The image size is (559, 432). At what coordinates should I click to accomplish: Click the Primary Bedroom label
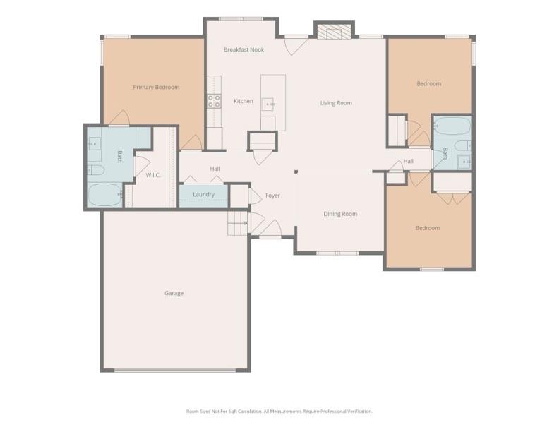[x=156, y=88]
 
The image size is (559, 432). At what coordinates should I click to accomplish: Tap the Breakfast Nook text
[x=244, y=50]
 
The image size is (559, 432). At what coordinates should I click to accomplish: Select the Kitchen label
[x=243, y=102]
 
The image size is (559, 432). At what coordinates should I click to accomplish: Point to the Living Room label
[x=336, y=103]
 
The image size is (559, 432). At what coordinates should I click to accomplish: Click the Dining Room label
[x=340, y=214]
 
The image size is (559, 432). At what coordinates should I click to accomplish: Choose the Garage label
[x=174, y=293]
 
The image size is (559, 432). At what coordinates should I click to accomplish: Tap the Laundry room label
[x=203, y=195]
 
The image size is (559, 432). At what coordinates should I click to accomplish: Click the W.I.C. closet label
[x=153, y=175]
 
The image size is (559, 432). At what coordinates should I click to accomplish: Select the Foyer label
[x=272, y=196]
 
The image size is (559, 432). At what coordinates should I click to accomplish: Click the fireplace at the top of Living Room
[x=333, y=31]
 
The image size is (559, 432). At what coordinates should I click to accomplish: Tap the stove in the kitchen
[x=213, y=101]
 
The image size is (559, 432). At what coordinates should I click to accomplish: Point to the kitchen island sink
[x=268, y=105]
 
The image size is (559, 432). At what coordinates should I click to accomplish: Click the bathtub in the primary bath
[x=104, y=194]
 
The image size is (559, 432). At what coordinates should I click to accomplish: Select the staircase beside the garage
[x=237, y=223]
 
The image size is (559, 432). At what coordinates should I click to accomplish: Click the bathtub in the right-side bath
[x=452, y=127]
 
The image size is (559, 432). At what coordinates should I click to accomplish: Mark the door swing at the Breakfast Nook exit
[x=295, y=45]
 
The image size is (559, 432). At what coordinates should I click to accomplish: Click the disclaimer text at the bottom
[x=279, y=411]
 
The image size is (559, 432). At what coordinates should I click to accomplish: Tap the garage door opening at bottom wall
[x=175, y=370]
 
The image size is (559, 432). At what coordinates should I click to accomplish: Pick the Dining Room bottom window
[x=337, y=253]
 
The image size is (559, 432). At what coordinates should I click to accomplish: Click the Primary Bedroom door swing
[x=119, y=118]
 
